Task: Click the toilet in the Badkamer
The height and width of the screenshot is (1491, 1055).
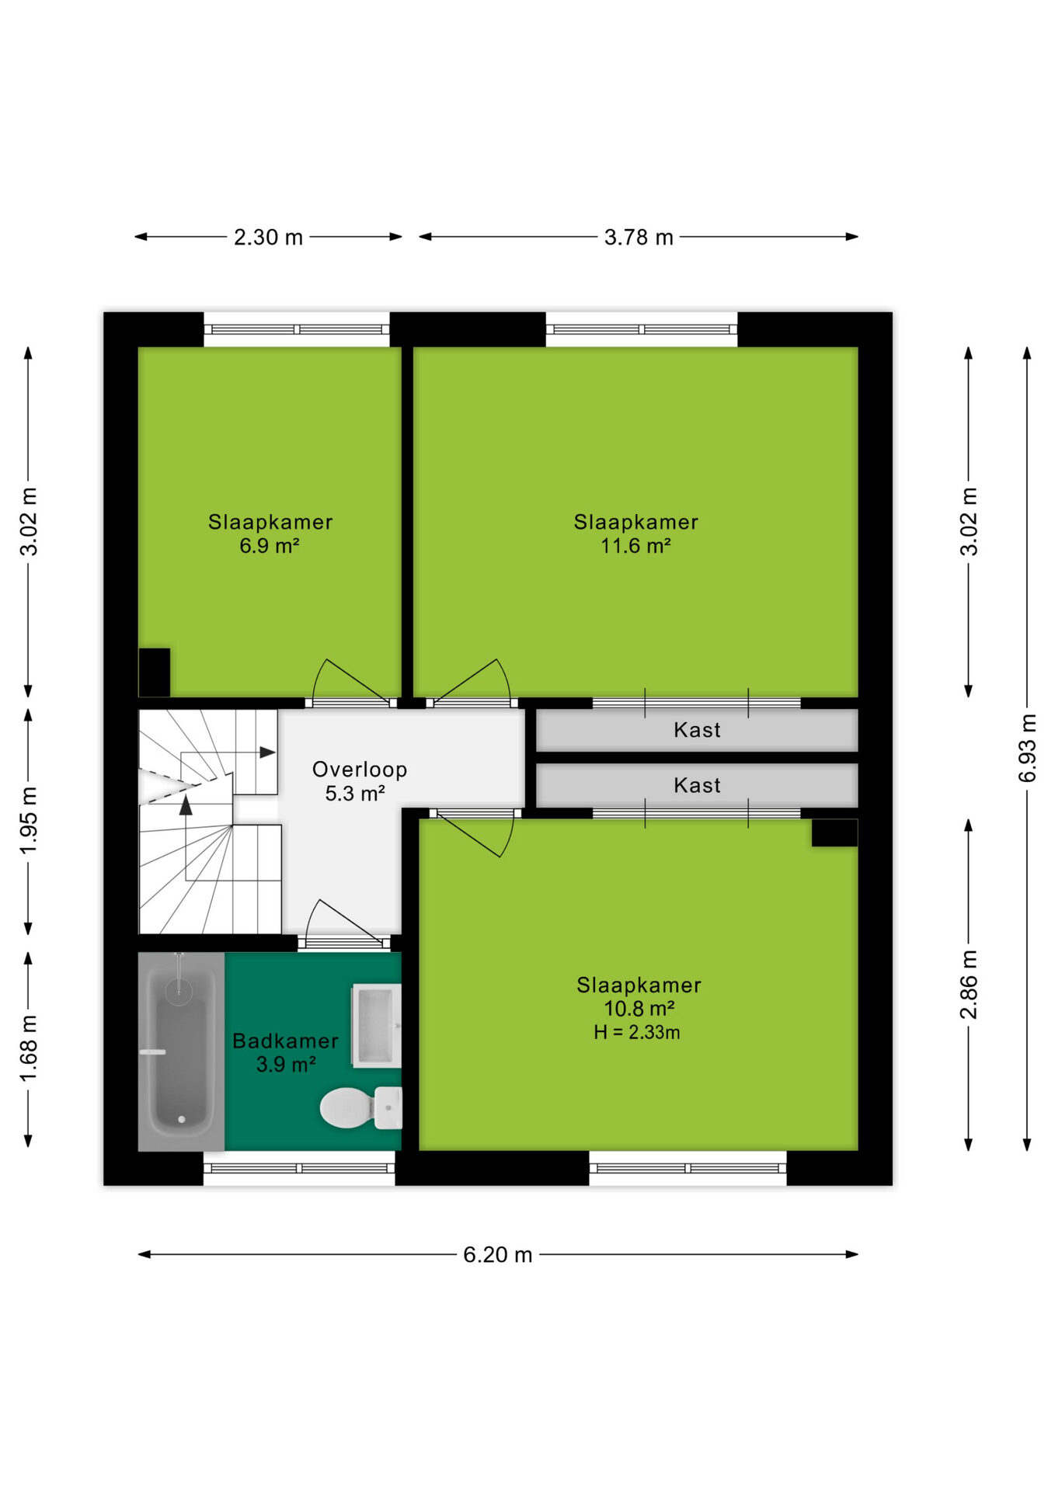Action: pos(361,1107)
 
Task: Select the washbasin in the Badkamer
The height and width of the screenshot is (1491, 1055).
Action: pos(377,1025)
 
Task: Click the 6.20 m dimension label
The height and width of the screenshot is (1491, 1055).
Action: pos(498,1255)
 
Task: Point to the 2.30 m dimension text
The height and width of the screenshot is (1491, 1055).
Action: pos(269,237)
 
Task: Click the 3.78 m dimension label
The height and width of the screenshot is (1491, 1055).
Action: pos(639,237)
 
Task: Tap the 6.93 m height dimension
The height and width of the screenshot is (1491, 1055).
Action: pos(1027,748)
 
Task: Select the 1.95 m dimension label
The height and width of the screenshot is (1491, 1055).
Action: pos(28,821)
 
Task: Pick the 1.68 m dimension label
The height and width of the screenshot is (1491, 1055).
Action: pos(28,1048)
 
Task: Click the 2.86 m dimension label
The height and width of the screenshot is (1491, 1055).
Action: pos(969,985)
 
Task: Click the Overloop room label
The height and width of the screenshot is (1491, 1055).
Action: pos(360,770)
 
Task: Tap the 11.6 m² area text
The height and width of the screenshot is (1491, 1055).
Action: pos(635,546)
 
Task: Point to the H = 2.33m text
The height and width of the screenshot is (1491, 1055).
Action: pos(637,1032)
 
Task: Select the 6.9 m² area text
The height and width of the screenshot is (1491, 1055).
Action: pos(270,546)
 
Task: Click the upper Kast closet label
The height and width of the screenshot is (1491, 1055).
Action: pos(697,730)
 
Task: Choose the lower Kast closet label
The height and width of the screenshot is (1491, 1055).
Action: pos(697,785)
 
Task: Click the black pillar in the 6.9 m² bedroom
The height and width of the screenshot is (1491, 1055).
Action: pos(155,673)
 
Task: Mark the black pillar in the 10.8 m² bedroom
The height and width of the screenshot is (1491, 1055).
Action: pos(835,832)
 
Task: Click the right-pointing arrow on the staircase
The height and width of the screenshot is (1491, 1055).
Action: pos(267,752)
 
